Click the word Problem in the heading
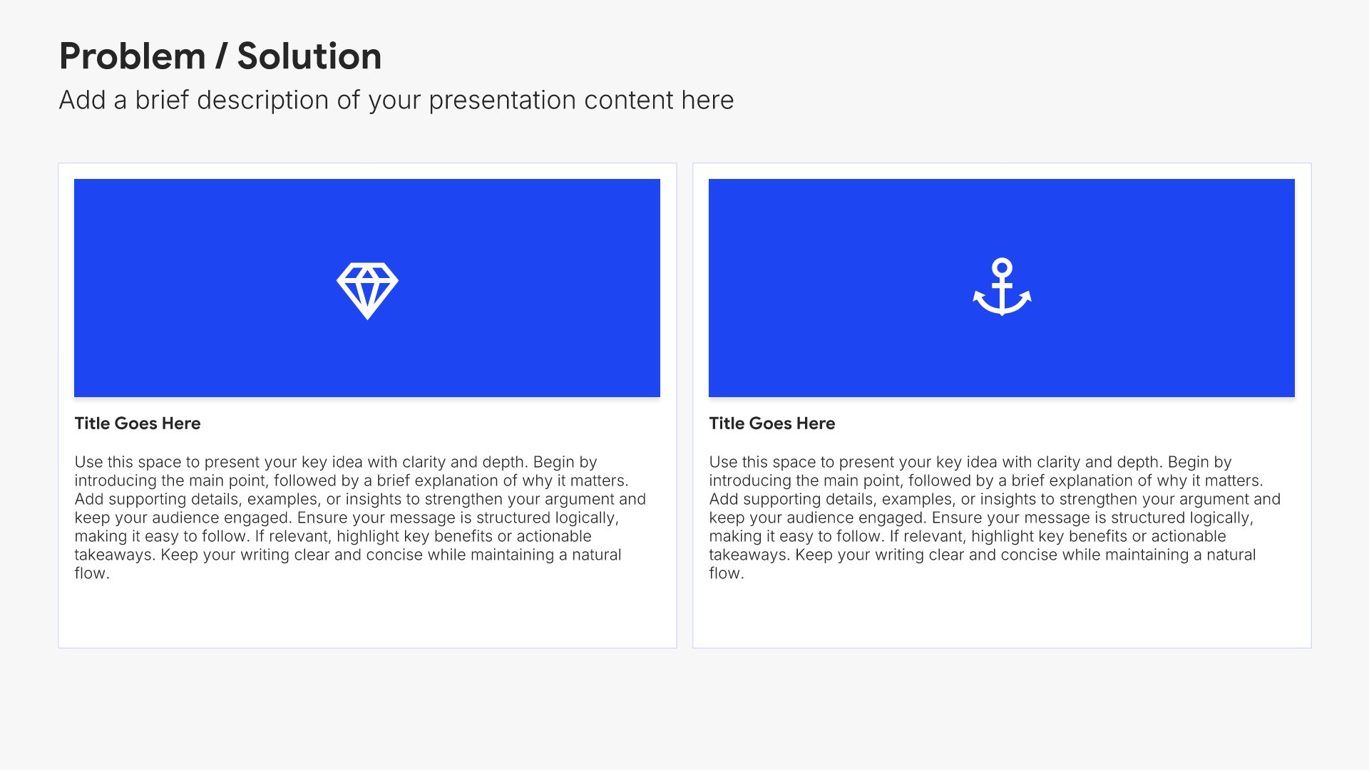[133, 56]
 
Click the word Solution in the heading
[309, 56]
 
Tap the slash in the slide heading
[221, 56]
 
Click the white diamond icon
[367, 291]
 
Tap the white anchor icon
[1002, 287]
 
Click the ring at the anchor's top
[1002, 267]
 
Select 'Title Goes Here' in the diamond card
[138, 423]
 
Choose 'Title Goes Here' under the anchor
[772, 423]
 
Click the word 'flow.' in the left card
[92, 573]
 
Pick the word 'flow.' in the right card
[727, 573]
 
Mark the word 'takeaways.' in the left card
[115, 555]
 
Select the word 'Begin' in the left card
[555, 462]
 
